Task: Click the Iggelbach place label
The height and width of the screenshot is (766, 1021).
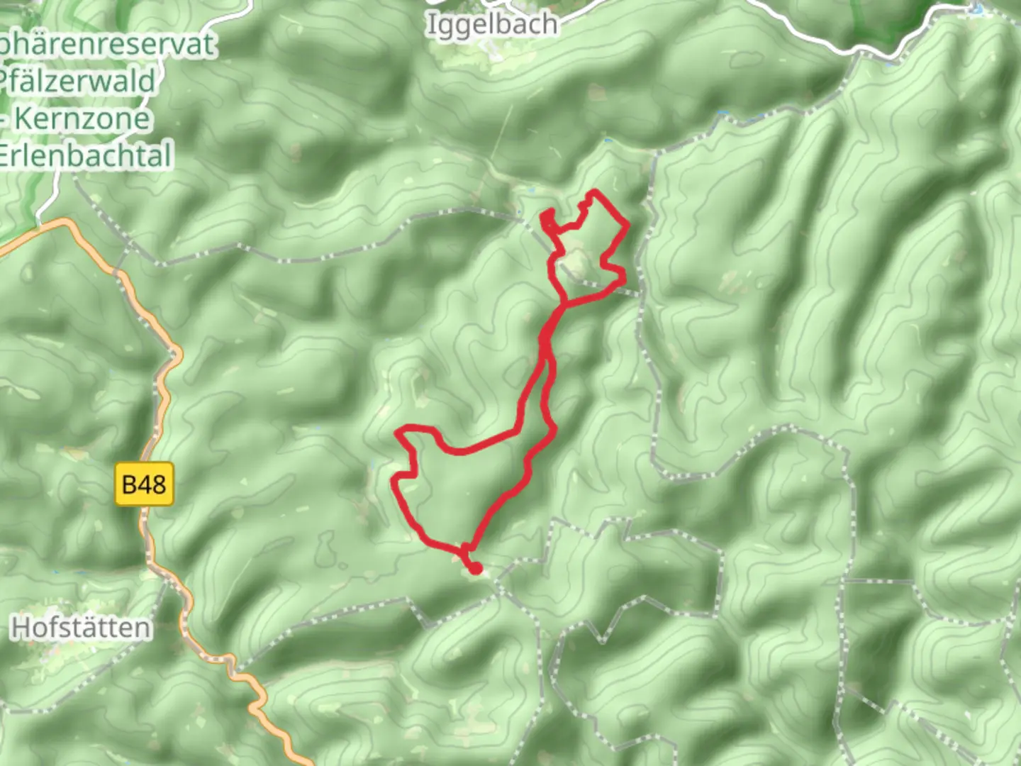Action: (x=491, y=25)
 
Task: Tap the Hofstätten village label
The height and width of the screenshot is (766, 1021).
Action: (x=82, y=628)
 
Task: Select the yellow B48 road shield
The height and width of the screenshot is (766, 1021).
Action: (x=144, y=484)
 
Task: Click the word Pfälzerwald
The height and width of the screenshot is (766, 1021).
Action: (x=78, y=82)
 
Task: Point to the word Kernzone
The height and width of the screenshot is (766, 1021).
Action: (x=82, y=118)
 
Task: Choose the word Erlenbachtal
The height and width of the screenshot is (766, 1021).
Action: (x=85, y=155)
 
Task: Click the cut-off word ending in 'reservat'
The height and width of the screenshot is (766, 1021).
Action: (x=106, y=45)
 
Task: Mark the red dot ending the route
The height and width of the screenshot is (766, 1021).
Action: (x=475, y=568)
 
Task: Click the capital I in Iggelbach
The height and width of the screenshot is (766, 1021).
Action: (x=430, y=24)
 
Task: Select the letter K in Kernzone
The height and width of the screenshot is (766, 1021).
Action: (x=23, y=118)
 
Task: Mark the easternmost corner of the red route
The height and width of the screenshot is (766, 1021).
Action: (x=629, y=226)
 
